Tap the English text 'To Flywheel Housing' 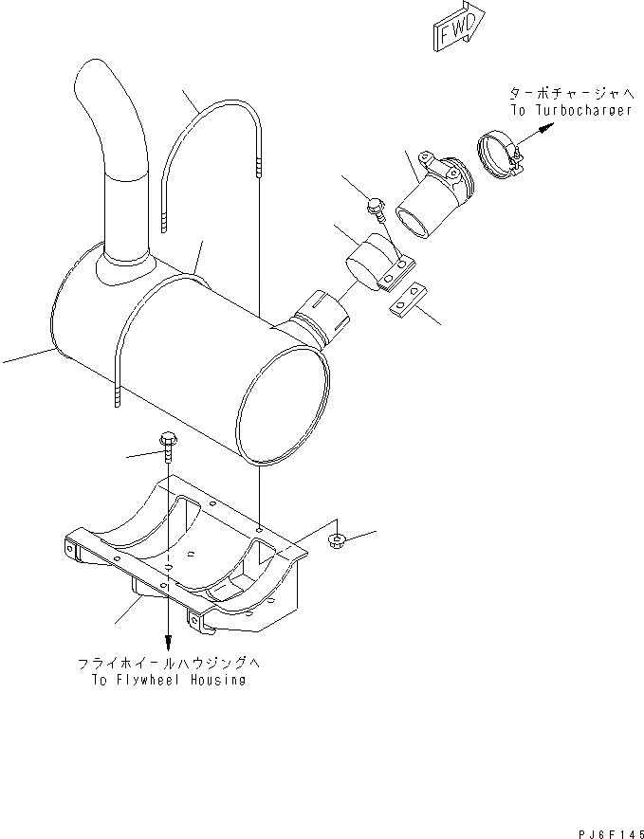coord(163,679)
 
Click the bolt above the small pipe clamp coord(376,207)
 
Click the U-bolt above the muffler coord(210,152)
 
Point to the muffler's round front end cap coord(285,403)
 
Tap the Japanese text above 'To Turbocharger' coord(570,94)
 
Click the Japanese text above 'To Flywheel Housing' coord(163,664)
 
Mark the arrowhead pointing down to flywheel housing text coord(168,642)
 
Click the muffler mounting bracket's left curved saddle coord(142,526)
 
